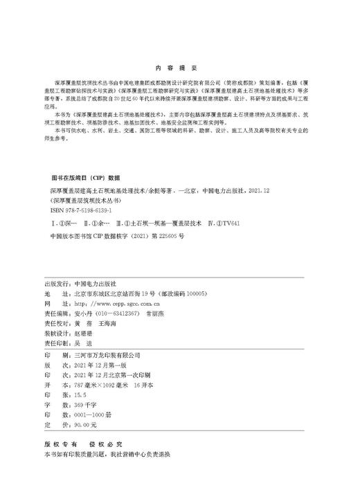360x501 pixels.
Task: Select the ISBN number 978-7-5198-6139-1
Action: coord(82,208)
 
